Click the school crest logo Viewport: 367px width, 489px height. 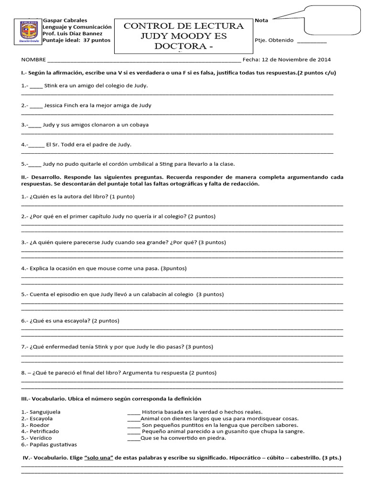30,32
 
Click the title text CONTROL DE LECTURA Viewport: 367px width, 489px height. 183,26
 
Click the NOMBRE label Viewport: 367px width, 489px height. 33,60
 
